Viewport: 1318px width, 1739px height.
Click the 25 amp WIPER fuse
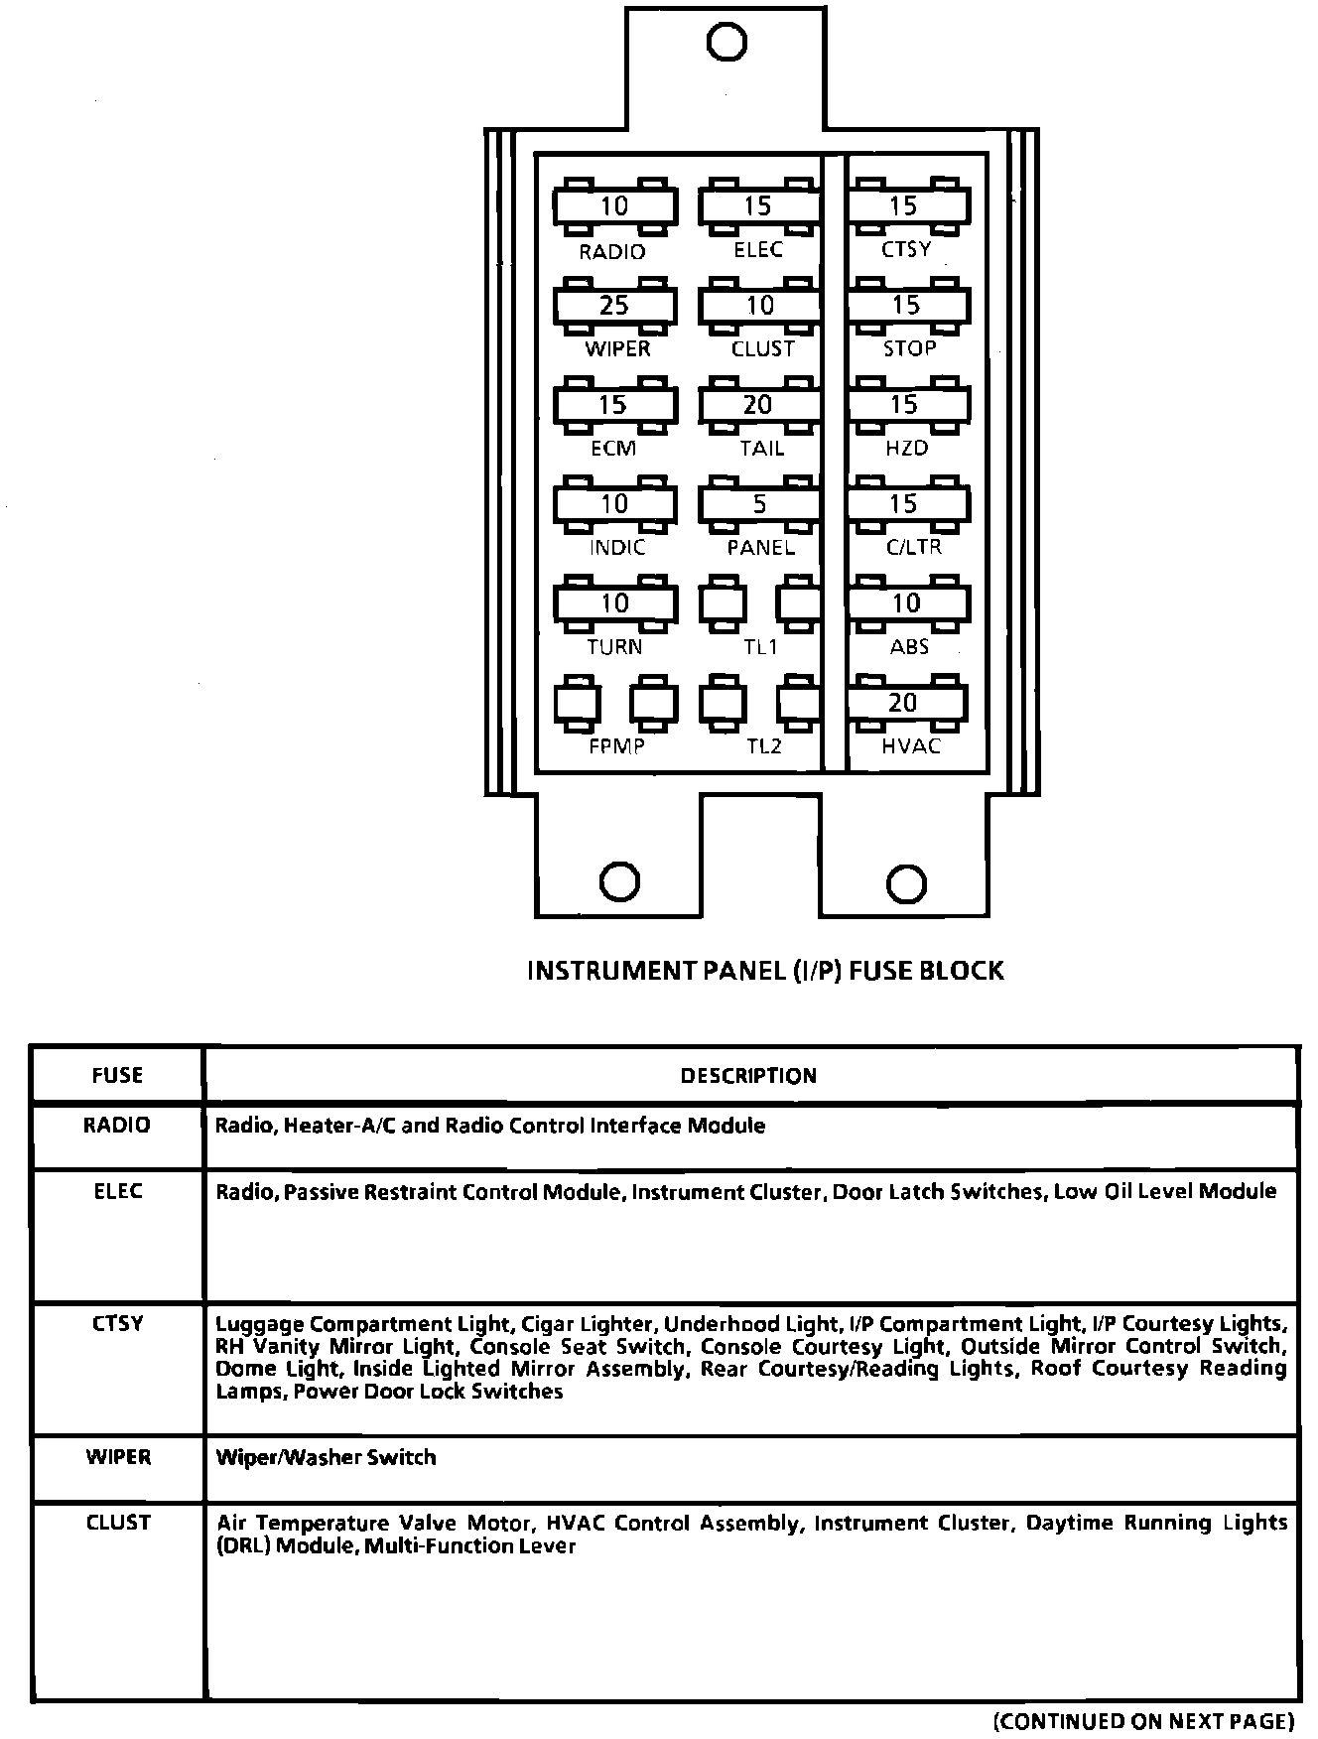614,306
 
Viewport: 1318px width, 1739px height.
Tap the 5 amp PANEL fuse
759,504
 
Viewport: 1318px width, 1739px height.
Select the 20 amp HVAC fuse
905,703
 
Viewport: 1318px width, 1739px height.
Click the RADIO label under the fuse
612,252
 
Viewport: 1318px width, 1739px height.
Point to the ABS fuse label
909,647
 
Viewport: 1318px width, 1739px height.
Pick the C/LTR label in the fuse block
913,547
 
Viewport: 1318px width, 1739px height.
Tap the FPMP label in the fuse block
616,746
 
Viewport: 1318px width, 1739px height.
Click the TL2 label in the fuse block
763,746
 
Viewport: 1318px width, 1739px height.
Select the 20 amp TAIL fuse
759,405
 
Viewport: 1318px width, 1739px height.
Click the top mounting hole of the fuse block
726,42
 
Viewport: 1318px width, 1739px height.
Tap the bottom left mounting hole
620,881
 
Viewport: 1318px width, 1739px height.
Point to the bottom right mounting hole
905,882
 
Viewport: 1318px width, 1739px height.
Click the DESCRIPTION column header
748,1076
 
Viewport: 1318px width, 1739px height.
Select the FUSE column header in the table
117,1076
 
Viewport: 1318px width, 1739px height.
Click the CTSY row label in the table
117,1323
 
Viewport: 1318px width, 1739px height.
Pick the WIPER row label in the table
117,1457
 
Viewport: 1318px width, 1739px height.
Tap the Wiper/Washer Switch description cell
327,1457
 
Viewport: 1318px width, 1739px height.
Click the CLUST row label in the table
117,1523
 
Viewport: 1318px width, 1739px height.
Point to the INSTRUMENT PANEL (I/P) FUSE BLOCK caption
765,971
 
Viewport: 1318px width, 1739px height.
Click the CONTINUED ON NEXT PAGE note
1144,1720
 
